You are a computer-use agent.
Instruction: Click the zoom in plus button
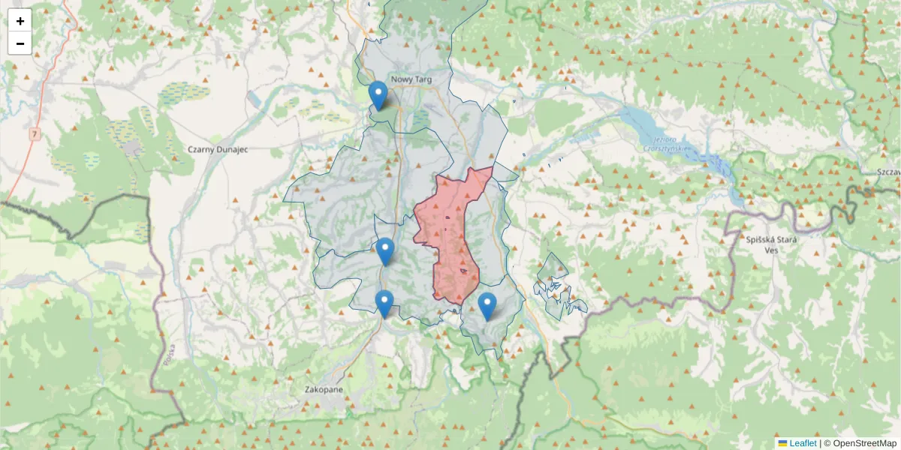tap(20, 21)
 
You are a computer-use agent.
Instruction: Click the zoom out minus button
tap(20, 43)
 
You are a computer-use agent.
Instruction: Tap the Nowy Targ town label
tap(411, 79)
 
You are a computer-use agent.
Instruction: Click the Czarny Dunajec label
tap(218, 149)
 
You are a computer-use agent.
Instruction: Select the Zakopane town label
tap(324, 390)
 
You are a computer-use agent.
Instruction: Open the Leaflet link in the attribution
tap(803, 443)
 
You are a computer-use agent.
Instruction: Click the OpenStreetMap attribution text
tap(860, 443)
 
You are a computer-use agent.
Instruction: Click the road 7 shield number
tap(35, 133)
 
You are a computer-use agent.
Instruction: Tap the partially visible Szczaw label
tap(887, 172)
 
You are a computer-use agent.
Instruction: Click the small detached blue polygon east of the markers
tap(556, 289)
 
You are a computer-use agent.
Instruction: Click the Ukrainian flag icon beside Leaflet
tap(783, 443)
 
